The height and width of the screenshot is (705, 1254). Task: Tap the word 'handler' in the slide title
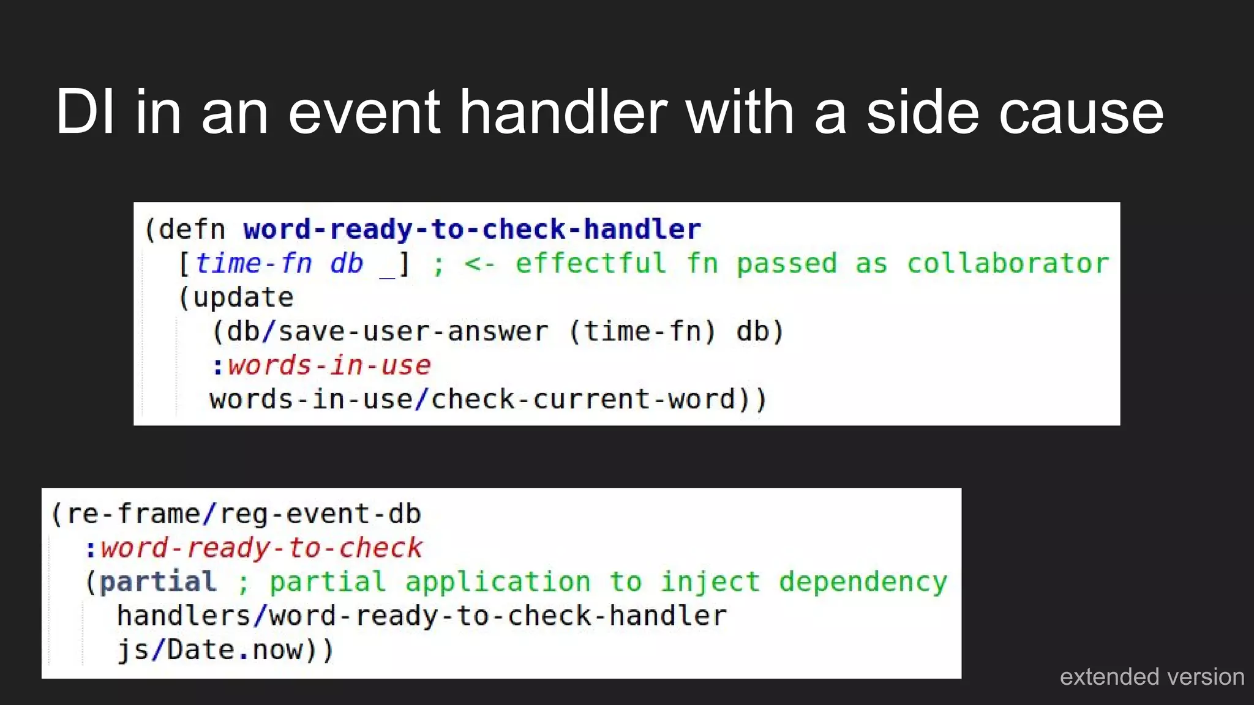point(563,112)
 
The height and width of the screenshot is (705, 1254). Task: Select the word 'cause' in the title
point(1081,113)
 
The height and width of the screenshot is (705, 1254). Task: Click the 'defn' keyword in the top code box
point(192,229)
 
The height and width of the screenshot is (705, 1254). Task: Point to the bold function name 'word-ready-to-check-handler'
point(471,229)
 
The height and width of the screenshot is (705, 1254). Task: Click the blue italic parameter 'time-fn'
point(253,264)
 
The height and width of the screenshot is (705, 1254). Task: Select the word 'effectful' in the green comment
point(590,264)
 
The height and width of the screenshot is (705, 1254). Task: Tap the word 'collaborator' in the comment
point(1007,264)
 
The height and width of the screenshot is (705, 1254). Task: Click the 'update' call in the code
point(242,298)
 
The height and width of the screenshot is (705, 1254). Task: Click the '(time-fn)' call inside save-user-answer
point(642,332)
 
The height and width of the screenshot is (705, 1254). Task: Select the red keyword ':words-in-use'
point(321,366)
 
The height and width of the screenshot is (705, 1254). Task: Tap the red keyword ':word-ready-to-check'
point(253,548)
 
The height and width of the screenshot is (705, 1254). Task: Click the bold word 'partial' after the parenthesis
point(158,582)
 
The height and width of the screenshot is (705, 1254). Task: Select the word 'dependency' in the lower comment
point(863,582)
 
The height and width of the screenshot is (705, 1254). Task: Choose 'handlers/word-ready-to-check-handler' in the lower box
point(421,616)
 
